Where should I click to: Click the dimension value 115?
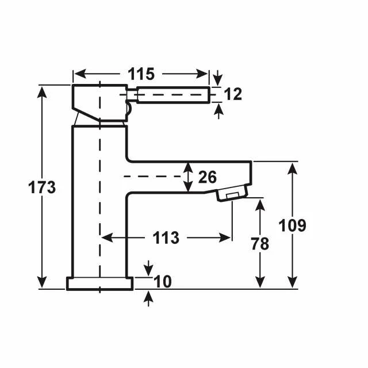coord(141,74)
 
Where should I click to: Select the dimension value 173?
coord(42,187)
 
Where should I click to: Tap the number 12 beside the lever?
coord(233,94)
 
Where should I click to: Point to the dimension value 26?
coord(208,177)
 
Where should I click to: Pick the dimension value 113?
coord(166,237)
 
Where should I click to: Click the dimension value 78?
coord(260,244)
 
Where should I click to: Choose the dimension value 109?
coord(293,225)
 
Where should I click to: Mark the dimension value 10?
coord(163,282)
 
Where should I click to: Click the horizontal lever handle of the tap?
coord(173,95)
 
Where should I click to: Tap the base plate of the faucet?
coord(100,283)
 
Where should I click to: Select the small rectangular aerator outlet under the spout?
coord(232,195)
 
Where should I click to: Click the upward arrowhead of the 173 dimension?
coord(42,92)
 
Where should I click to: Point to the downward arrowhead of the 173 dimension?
coord(42,282)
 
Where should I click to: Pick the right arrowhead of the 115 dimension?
coord(202,74)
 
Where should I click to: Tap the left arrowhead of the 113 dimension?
coord(108,237)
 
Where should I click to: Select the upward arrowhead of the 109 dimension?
coord(293,169)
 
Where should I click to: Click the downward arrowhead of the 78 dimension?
coord(260,282)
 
